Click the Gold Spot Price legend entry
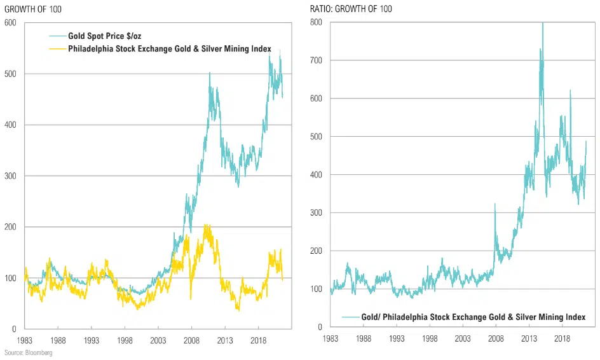[x=106, y=37]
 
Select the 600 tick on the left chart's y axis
[x=10, y=23]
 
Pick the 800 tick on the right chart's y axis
[x=315, y=22]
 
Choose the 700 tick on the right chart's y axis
[x=315, y=60]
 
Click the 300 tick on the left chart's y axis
[x=10, y=176]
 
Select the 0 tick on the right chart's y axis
[x=320, y=327]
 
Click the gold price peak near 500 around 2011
[x=210, y=73]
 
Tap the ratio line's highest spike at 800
[x=542, y=24]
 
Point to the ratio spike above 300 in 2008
[x=494, y=204]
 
